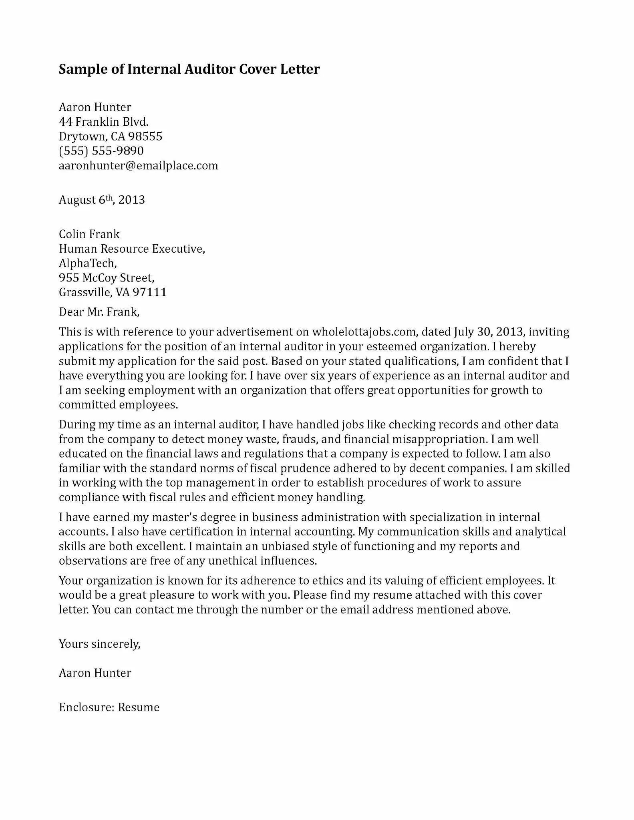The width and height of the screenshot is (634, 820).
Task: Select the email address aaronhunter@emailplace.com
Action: coord(138,165)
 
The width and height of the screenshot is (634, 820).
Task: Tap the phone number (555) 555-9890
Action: coord(101,151)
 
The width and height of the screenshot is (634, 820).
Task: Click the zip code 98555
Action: coord(145,137)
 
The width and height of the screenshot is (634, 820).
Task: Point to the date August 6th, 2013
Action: coord(102,199)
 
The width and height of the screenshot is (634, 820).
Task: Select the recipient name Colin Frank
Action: coord(89,234)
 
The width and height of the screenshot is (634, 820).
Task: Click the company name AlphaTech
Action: coord(87,263)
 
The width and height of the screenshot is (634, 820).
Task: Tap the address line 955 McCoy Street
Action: coord(106,277)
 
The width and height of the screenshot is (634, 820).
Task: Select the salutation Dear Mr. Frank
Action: coord(99,312)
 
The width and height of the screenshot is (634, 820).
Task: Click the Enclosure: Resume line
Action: coord(109,707)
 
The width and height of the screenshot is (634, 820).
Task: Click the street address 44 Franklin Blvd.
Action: coord(103,122)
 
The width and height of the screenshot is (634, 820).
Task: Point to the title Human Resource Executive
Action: coord(132,249)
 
